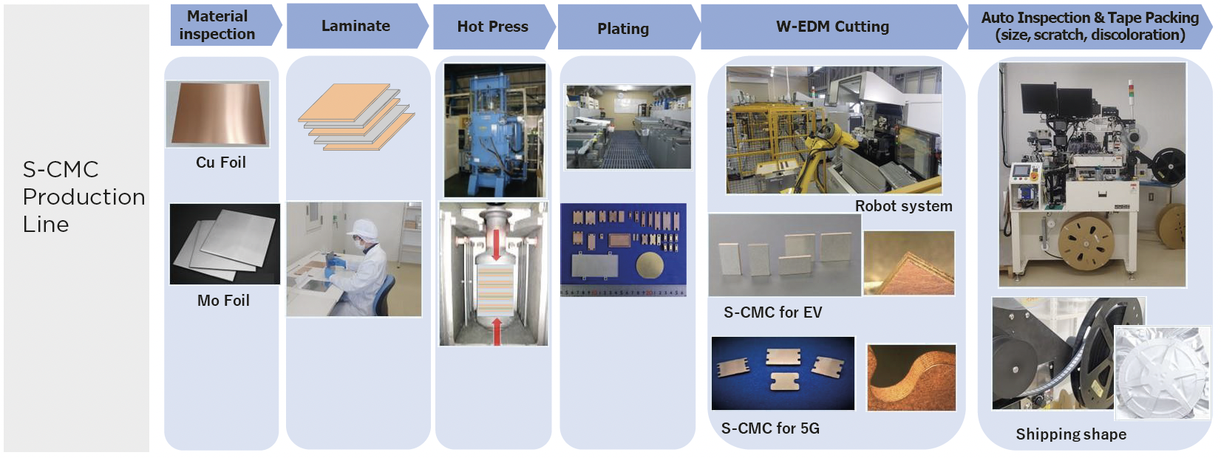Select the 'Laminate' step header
[x=357, y=26]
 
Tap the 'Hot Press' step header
[x=493, y=27]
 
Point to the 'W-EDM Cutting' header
[x=833, y=27]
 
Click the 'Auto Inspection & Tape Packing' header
[x=1090, y=26]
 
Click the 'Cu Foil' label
[x=221, y=163]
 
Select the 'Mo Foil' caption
[x=223, y=300]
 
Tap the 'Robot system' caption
[x=903, y=206]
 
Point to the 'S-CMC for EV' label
[x=772, y=312]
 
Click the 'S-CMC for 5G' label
[x=770, y=428]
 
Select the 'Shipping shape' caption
[x=1071, y=434]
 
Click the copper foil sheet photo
[x=218, y=113]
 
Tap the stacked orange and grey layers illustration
[x=356, y=117]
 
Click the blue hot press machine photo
[x=494, y=130]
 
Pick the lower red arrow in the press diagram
[x=497, y=331]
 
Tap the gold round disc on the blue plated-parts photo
[x=650, y=264]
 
